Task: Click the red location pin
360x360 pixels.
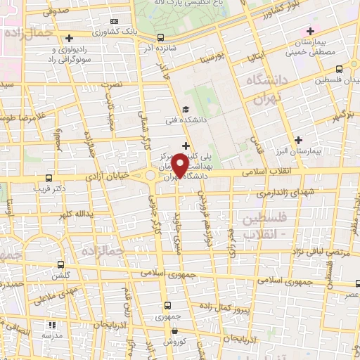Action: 179,166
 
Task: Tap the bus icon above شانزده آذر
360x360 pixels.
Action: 161,38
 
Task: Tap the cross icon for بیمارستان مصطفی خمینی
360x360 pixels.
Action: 311,31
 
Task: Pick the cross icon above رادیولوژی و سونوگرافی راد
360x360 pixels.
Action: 69,39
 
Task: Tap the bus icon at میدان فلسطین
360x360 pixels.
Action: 340,69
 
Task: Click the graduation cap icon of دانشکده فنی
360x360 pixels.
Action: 185,109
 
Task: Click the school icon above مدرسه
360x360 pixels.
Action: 51,325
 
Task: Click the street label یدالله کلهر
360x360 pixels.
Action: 75,213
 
